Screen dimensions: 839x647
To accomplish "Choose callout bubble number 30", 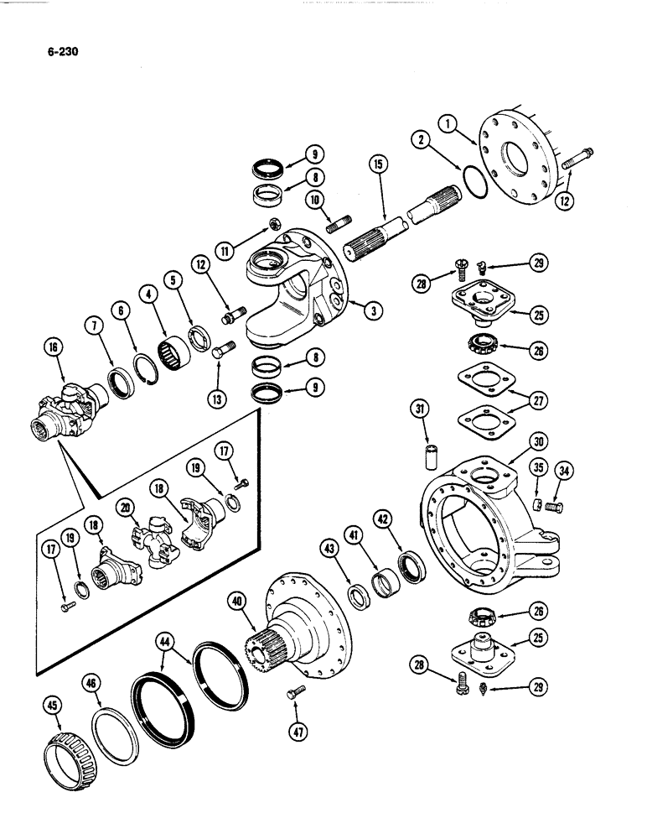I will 538,441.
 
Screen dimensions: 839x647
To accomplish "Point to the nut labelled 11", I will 274,222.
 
